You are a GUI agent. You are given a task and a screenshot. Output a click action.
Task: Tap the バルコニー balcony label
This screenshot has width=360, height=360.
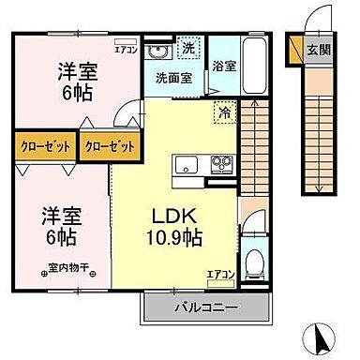[204, 307]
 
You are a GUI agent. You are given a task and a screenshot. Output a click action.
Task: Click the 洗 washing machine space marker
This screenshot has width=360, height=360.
[187, 47]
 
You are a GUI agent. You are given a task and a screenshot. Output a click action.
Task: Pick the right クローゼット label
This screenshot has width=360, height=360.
[109, 147]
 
